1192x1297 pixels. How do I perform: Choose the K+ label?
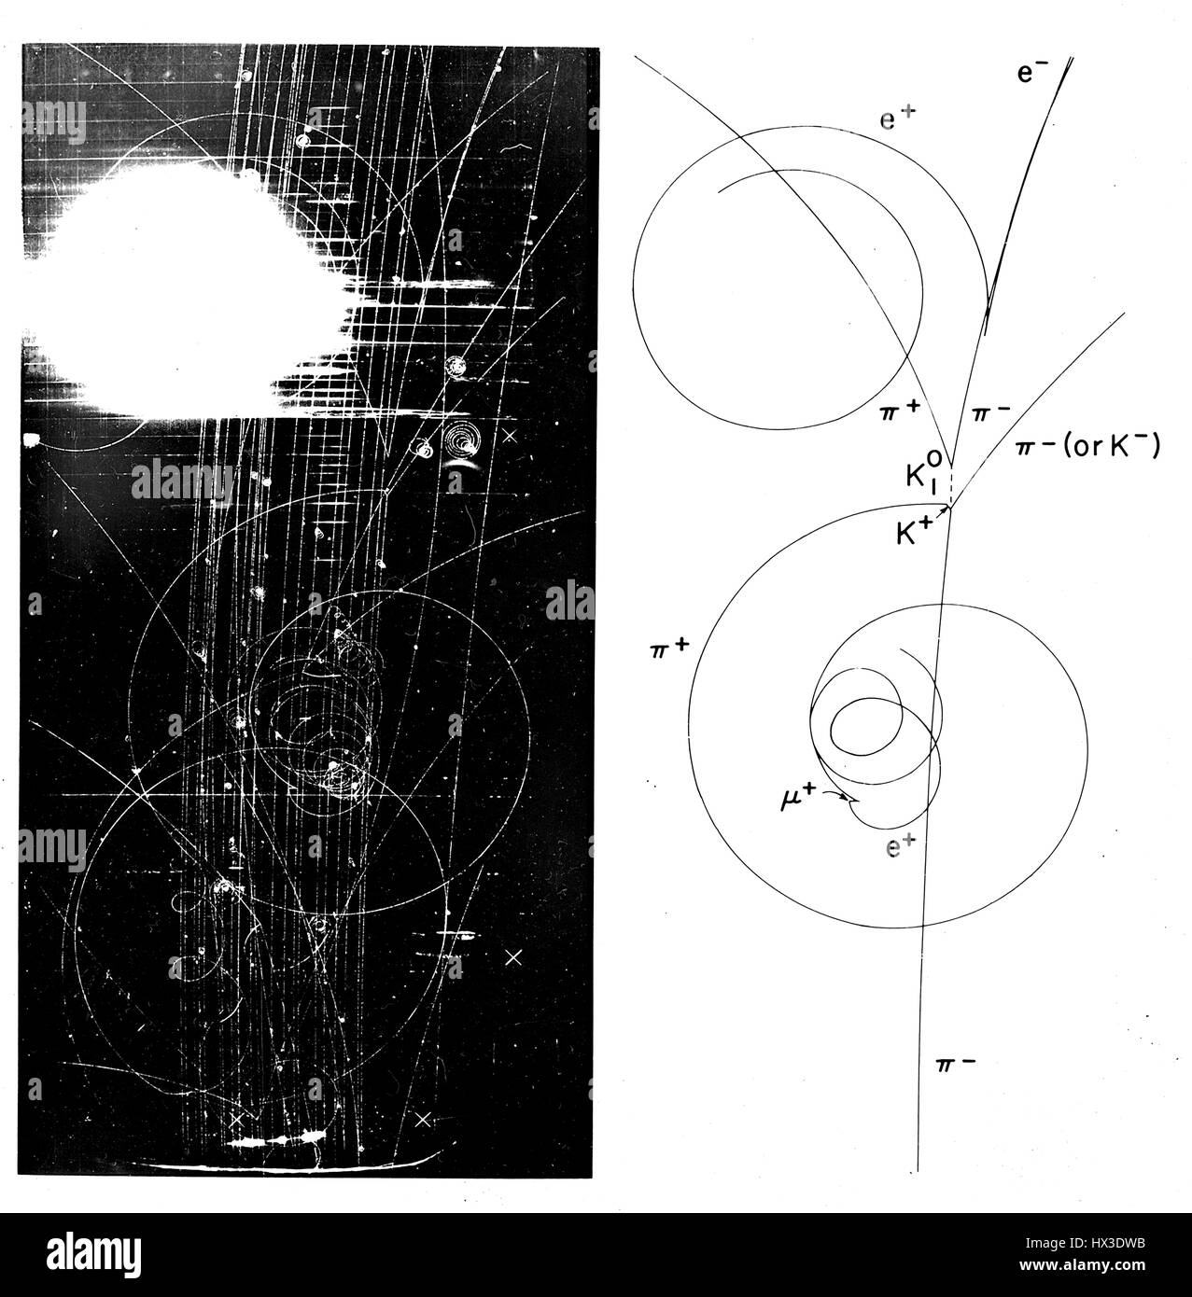(x=915, y=533)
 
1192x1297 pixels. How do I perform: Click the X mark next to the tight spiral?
(x=511, y=436)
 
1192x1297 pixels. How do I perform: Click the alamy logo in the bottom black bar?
(x=94, y=1255)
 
